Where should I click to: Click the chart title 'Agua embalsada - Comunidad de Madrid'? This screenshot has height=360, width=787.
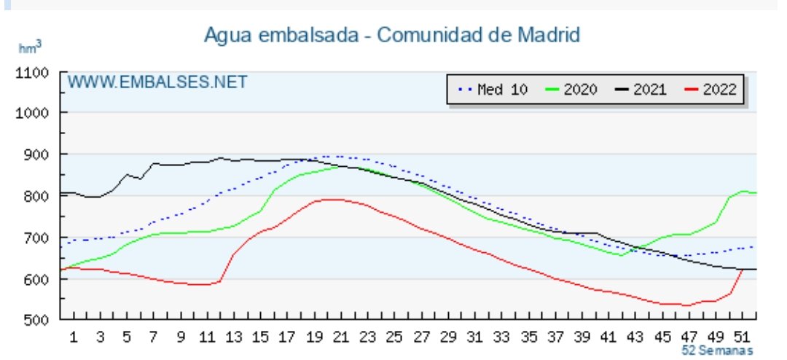(x=392, y=34)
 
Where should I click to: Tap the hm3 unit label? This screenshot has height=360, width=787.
(x=30, y=47)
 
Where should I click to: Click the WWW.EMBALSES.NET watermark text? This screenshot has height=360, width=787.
(x=157, y=82)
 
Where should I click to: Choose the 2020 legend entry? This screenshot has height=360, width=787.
(x=571, y=90)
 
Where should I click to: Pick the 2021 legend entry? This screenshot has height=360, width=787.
(x=642, y=90)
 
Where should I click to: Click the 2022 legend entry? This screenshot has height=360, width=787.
(x=711, y=90)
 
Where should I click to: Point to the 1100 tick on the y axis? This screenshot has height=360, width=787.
(x=33, y=72)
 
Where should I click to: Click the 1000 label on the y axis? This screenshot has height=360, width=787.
(x=33, y=113)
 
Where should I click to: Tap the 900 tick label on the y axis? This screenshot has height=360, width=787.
(x=36, y=154)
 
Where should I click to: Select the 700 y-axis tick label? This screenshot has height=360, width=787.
(x=36, y=238)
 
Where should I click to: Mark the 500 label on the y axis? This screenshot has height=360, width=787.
(x=36, y=321)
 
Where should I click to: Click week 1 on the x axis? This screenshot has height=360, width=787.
(x=74, y=337)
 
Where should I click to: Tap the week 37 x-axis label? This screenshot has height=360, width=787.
(x=555, y=337)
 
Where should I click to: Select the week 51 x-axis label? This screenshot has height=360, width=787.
(x=743, y=337)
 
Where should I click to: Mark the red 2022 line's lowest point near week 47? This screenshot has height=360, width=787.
(x=685, y=305)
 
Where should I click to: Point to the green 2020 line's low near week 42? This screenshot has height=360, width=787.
(x=621, y=255)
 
